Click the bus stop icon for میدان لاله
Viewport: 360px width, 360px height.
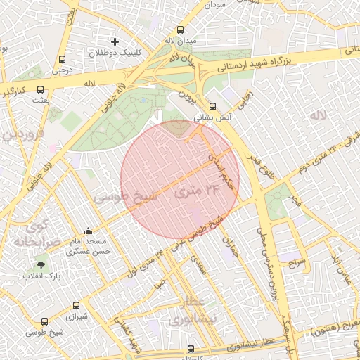coord(181,30)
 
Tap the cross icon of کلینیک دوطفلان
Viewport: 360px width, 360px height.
coord(115,42)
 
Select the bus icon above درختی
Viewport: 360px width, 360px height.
coord(63,60)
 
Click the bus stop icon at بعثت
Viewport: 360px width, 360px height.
coord(40,90)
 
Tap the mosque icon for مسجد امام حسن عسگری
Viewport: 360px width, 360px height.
coord(88,231)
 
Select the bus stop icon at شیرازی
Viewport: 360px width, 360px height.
coord(77,305)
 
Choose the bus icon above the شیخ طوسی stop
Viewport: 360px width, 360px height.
coord(45,322)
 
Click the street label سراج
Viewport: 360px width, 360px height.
coord(297,264)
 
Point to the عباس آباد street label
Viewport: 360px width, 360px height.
coord(345,270)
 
